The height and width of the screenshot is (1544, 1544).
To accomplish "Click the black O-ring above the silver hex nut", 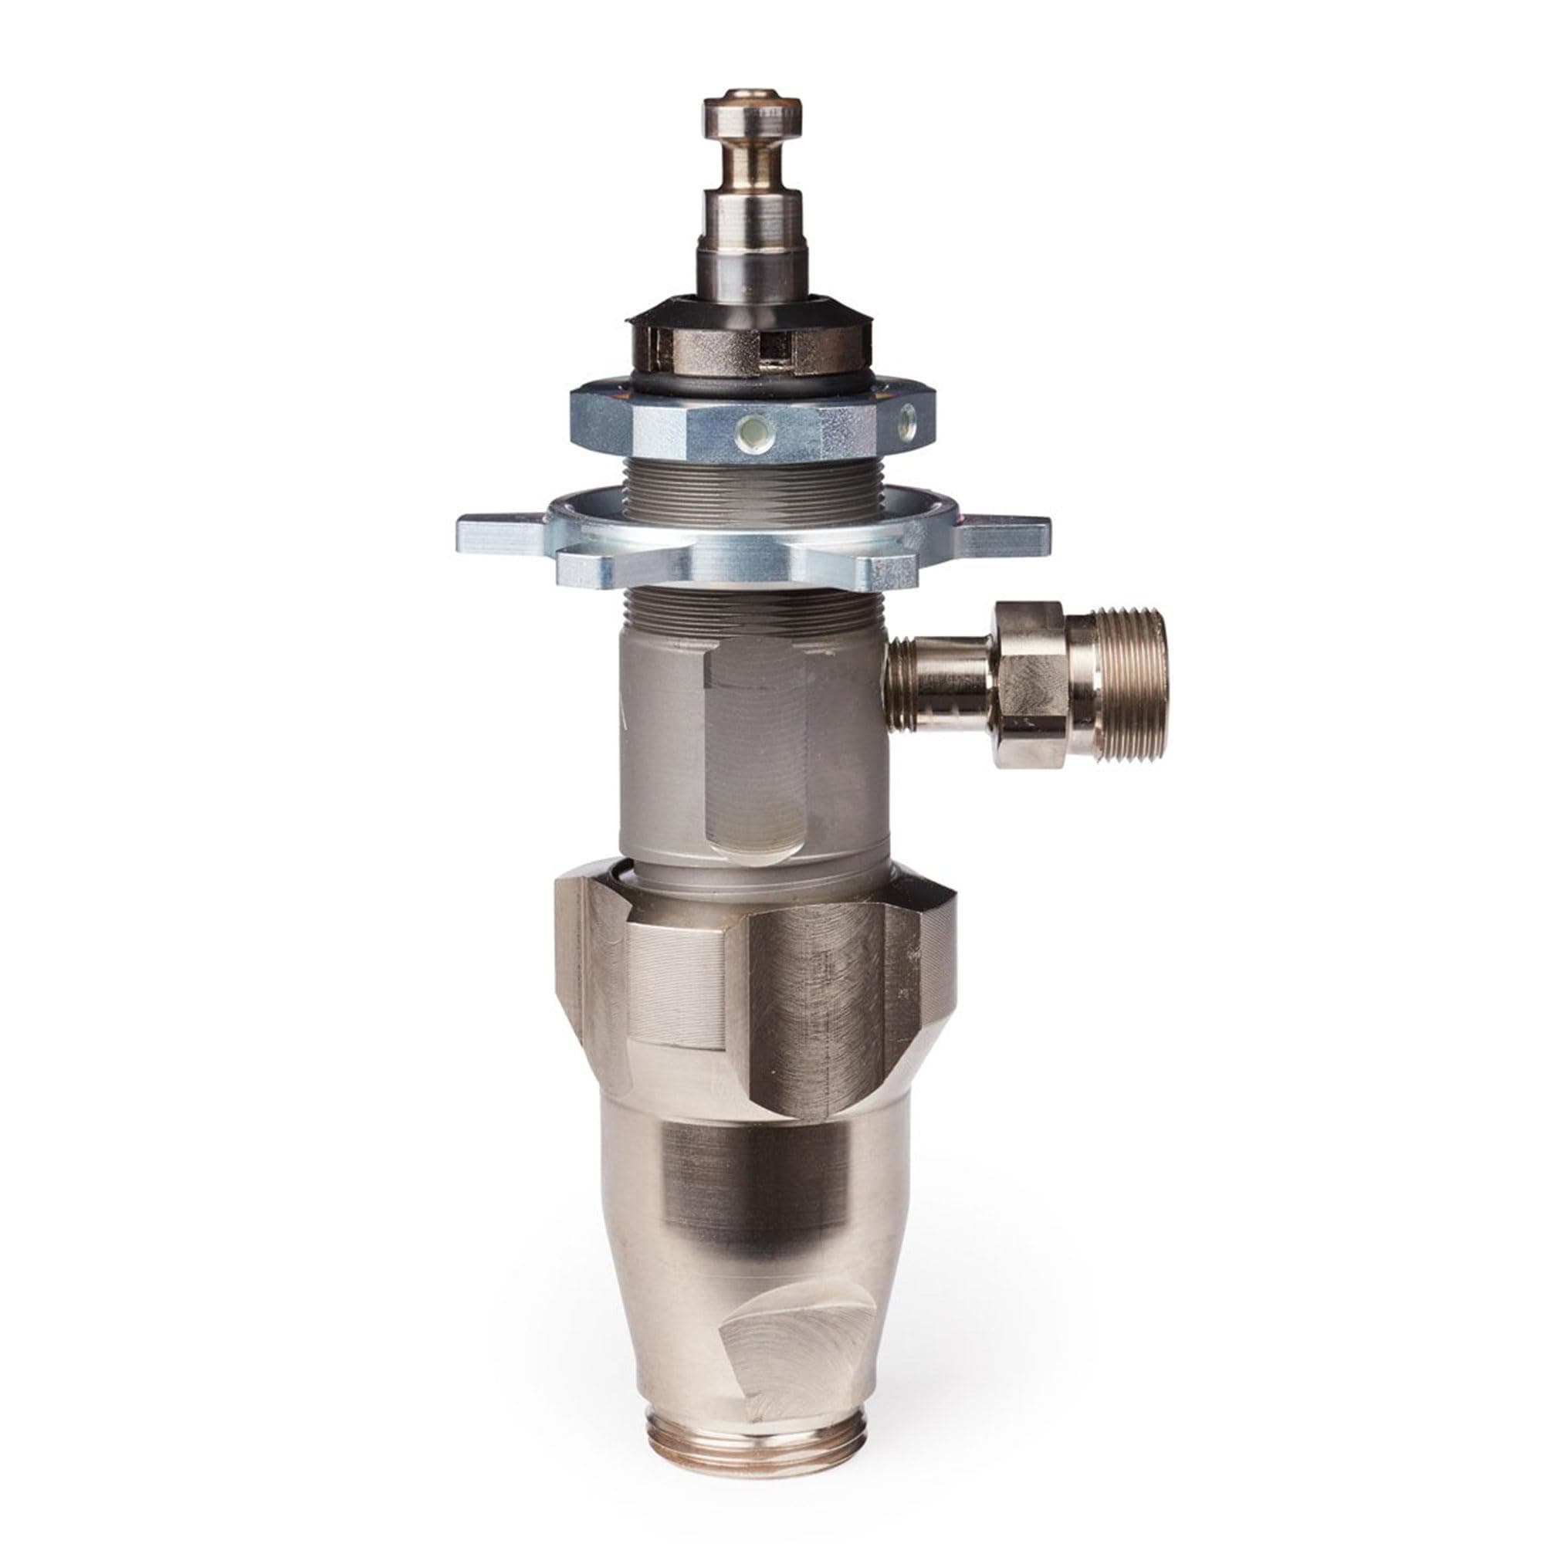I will pos(751,381).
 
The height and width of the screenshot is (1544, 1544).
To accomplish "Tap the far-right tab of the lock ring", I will pos(1011,531).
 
